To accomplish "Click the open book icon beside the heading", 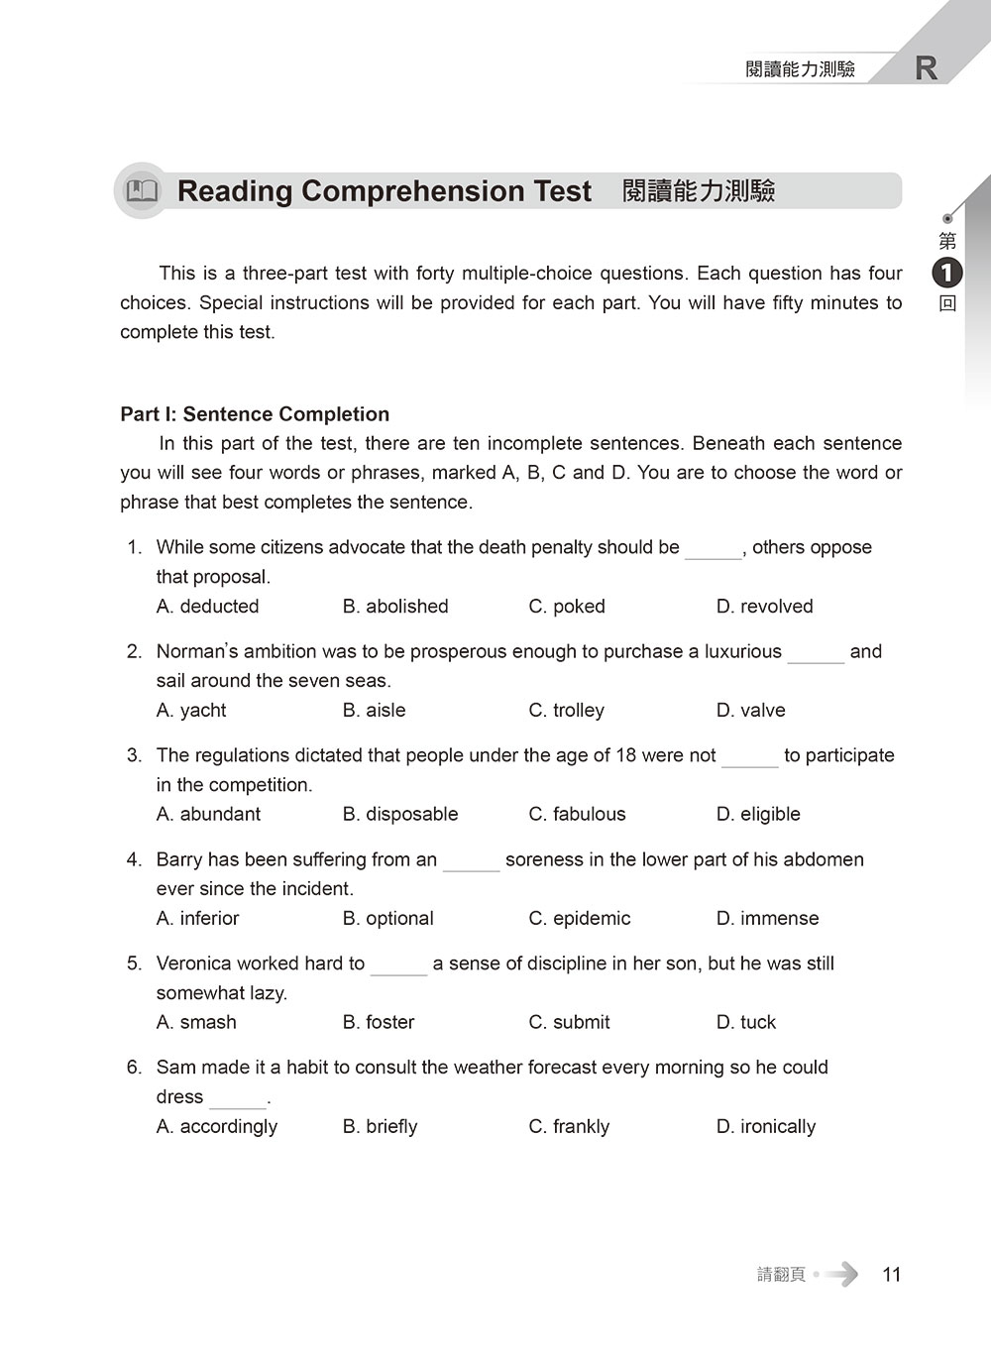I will pyautogui.click(x=143, y=190).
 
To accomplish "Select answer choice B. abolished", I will pyautogui.click(x=395, y=606).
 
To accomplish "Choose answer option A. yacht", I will pyautogui.click(x=191, y=710).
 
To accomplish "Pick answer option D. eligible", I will pyautogui.click(x=758, y=814).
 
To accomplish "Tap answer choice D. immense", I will pyautogui.click(x=767, y=918).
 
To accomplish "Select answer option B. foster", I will pyautogui.click(x=379, y=1022).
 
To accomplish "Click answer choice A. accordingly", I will pyautogui.click(x=217, y=1126).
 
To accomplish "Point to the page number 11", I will pyautogui.click(x=892, y=1275).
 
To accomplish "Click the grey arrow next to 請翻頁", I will pyautogui.click(x=841, y=1274).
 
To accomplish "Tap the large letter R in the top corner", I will pyautogui.click(x=926, y=68).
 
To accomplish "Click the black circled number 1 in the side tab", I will pyautogui.click(x=947, y=273).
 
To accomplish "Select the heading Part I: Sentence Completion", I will pyautogui.click(x=255, y=414).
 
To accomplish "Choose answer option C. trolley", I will pyautogui.click(x=566, y=710).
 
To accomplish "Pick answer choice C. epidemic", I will pyautogui.click(x=580, y=918).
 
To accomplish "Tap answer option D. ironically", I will pyautogui.click(x=766, y=1126).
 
